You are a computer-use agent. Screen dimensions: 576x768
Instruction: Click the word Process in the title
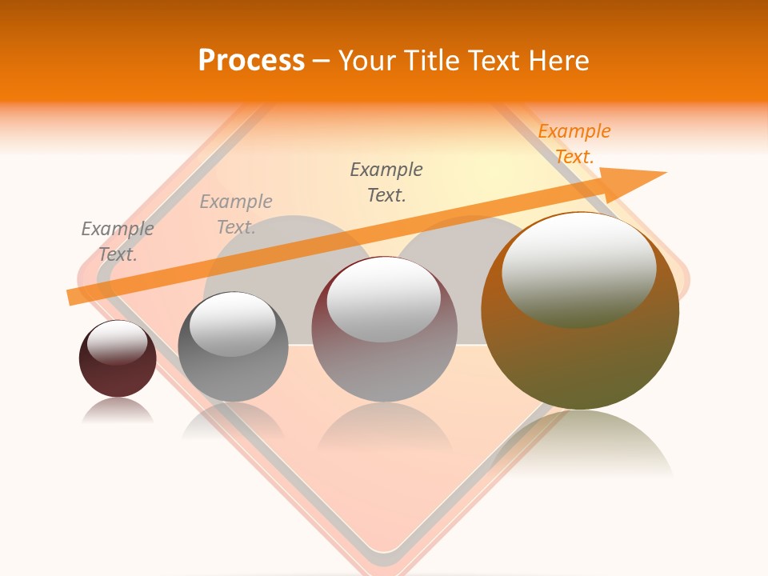(x=251, y=61)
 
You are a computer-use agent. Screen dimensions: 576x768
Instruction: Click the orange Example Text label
(x=574, y=144)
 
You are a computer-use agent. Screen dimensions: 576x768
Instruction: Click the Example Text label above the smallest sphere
(x=118, y=242)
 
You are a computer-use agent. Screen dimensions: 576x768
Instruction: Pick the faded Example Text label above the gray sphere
(x=236, y=214)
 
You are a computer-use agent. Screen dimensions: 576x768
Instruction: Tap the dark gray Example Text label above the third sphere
(x=386, y=182)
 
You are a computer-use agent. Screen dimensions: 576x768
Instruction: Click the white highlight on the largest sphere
(x=578, y=270)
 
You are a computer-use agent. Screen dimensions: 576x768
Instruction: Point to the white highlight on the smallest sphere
(x=117, y=342)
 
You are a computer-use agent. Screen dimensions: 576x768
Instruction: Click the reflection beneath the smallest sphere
(x=118, y=411)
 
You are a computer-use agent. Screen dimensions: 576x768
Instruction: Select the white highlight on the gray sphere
(x=232, y=324)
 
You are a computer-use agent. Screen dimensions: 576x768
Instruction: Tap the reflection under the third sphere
(x=384, y=428)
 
